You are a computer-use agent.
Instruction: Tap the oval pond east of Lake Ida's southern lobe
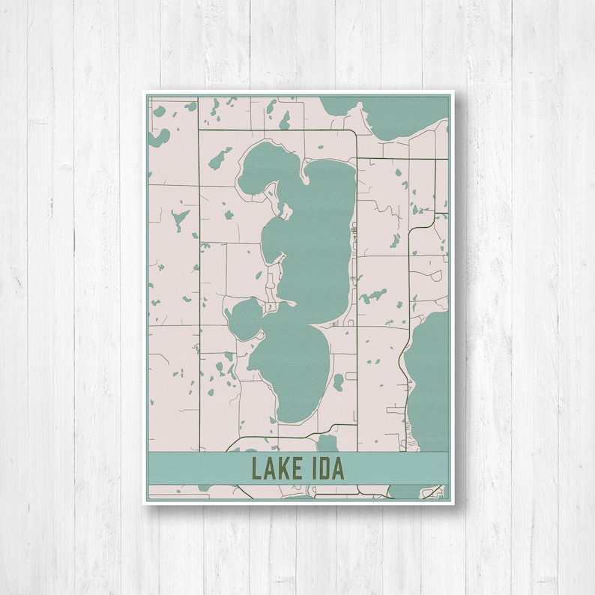coord(339,382)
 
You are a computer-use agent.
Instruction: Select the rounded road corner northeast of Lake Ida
coord(352,136)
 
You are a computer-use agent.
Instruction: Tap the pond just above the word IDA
coord(327,444)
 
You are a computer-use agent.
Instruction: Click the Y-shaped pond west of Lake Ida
coord(179,220)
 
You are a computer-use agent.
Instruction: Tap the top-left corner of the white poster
coord(144,91)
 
